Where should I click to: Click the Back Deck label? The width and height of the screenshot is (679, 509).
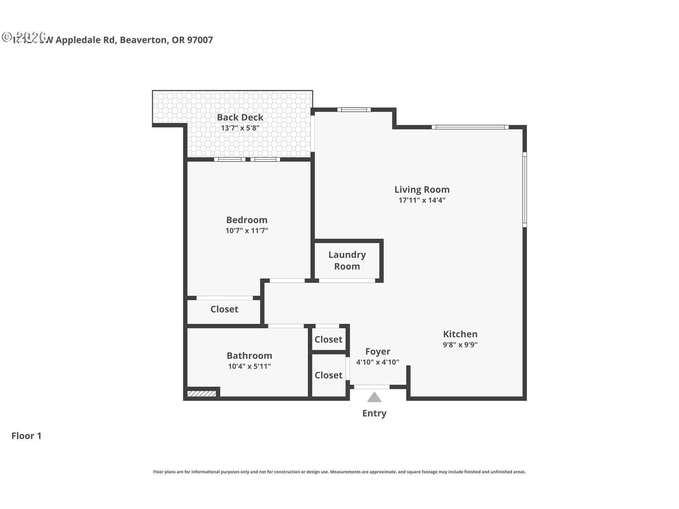click(x=240, y=117)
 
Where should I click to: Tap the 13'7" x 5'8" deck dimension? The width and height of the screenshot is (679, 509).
click(x=240, y=128)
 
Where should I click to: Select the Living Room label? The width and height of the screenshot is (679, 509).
click(x=422, y=190)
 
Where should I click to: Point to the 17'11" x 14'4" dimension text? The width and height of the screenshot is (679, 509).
click(x=422, y=200)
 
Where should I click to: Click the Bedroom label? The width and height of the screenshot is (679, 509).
click(x=247, y=220)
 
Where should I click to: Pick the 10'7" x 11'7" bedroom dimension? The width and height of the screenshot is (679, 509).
click(x=247, y=231)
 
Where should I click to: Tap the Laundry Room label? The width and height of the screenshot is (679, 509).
click(x=347, y=261)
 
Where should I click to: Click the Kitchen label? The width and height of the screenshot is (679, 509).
click(x=460, y=334)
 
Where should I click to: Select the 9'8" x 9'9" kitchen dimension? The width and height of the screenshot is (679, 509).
click(x=460, y=345)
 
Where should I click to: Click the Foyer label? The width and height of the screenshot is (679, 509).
click(x=378, y=352)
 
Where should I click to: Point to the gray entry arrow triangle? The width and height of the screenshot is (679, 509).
click(x=374, y=398)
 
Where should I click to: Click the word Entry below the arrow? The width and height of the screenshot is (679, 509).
click(x=374, y=413)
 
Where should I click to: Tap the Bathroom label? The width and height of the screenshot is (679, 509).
click(x=249, y=356)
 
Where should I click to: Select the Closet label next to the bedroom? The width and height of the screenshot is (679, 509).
click(x=224, y=309)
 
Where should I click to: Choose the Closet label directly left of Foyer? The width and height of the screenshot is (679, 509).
click(x=329, y=375)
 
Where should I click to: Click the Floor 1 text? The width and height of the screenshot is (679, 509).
click(x=27, y=436)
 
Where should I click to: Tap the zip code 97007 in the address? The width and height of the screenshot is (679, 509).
click(x=200, y=40)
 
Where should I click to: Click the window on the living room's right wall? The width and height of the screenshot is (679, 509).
click(x=524, y=189)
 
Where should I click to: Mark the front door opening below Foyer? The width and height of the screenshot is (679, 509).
click(x=372, y=387)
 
